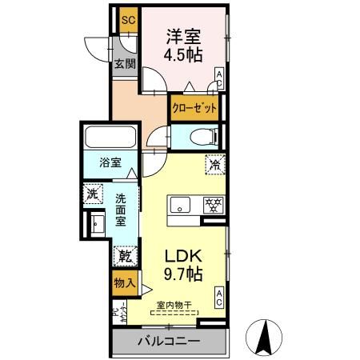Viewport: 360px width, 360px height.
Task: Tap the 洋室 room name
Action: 183,37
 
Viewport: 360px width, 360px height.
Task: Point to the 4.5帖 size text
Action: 183,55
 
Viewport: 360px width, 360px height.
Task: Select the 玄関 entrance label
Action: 122,65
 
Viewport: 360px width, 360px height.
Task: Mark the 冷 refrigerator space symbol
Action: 215,164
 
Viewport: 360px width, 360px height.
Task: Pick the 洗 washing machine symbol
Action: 93,193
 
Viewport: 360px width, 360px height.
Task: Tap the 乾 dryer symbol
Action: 126,258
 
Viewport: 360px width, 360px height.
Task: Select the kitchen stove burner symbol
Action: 213,203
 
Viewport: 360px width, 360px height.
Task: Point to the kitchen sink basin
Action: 178,203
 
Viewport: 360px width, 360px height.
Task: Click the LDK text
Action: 183,256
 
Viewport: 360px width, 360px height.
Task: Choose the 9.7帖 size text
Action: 183,274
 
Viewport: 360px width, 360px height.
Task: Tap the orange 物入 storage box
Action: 123,282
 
